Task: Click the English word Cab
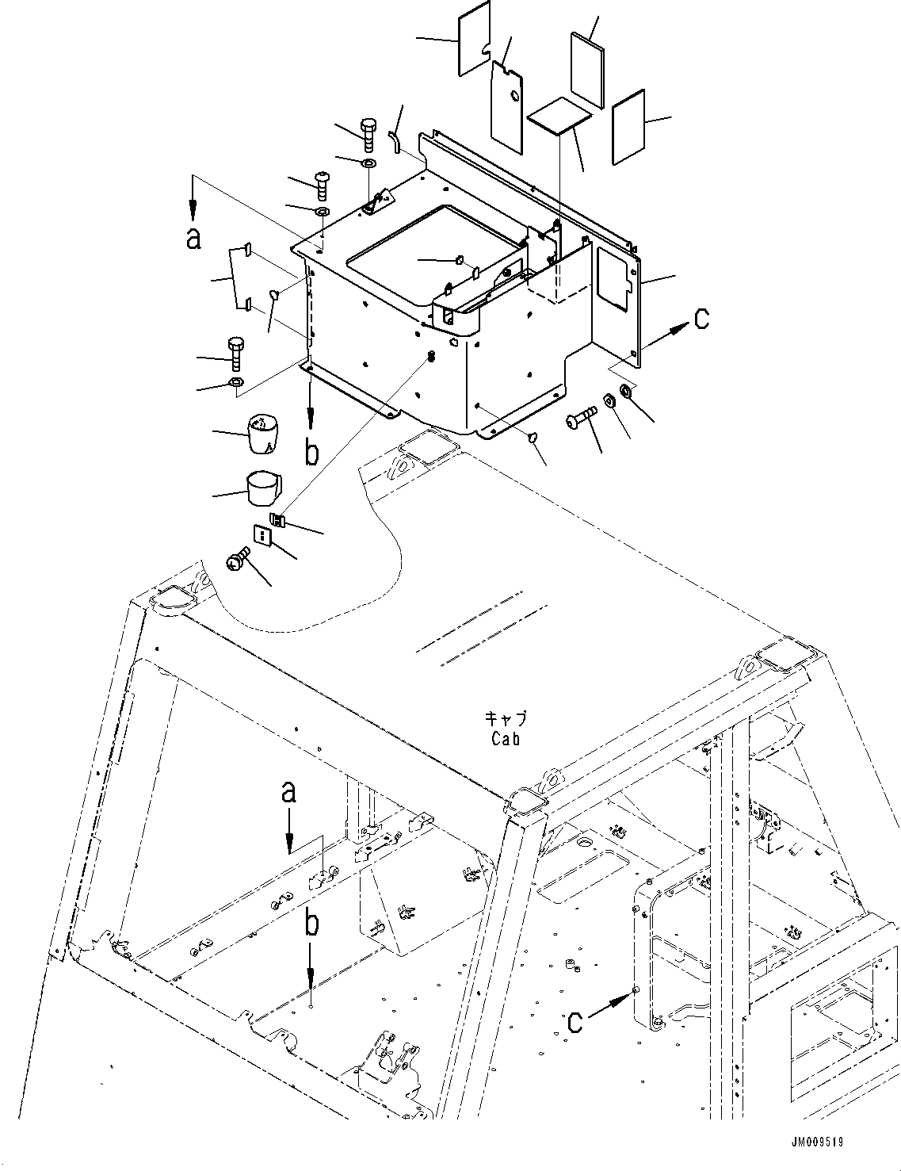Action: [505, 739]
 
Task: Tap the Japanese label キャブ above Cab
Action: [506, 720]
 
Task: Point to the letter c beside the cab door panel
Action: [575, 1021]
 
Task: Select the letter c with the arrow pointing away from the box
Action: [701, 319]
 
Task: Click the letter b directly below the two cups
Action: [312, 453]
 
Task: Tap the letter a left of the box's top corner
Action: [193, 237]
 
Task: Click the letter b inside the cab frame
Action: [313, 924]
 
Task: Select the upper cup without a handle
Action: [264, 434]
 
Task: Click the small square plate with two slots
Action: [262, 536]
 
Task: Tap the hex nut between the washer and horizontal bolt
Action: [610, 401]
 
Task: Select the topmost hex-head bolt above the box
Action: [369, 135]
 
